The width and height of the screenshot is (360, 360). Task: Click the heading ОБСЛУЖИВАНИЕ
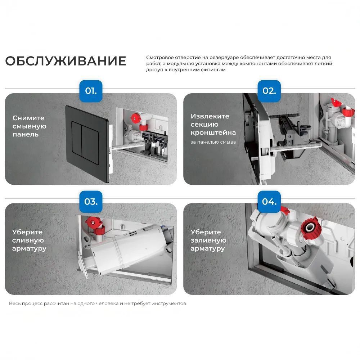66,61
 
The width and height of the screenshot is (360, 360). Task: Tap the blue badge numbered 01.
91,91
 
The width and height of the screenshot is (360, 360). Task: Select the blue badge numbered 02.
269,91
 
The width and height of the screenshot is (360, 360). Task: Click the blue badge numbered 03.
91,202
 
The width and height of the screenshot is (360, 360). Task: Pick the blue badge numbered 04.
269,202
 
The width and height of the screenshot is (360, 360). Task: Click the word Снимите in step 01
28,118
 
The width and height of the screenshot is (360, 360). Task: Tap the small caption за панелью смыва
213,142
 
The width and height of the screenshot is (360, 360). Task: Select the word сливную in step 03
28,240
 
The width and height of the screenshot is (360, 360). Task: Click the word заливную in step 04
208,240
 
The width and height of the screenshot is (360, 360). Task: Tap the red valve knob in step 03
93,222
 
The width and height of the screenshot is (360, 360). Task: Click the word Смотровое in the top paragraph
159,58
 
